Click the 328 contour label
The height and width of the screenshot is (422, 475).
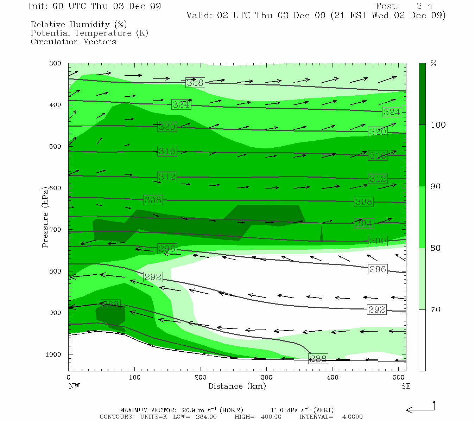click(195, 83)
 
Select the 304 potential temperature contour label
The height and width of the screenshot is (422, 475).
click(363, 223)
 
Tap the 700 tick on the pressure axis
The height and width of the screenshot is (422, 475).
click(55, 230)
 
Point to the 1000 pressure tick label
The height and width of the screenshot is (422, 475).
click(53, 354)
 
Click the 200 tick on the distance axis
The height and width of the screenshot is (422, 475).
click(201, 378)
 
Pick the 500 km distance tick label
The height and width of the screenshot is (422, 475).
click(399, 378)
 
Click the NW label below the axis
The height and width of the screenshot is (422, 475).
click(74, 386)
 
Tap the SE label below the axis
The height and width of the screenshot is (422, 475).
click(406, 386)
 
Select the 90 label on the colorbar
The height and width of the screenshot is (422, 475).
click(436, 186)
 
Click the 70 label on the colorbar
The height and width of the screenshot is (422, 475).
click(436, 309)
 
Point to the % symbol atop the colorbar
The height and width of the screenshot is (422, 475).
click(433, 64)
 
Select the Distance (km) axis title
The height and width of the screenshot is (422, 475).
click(237, 386)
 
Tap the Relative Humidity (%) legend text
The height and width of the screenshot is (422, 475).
click(79, 25)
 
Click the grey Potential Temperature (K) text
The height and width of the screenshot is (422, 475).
click(89, 33)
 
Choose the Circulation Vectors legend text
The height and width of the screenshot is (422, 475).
click(73, 41)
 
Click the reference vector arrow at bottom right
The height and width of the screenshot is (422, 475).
click(420, 409)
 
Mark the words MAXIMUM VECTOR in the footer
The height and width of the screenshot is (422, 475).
click(147, 410)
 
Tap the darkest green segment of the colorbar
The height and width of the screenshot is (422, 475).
click(422, 94)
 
